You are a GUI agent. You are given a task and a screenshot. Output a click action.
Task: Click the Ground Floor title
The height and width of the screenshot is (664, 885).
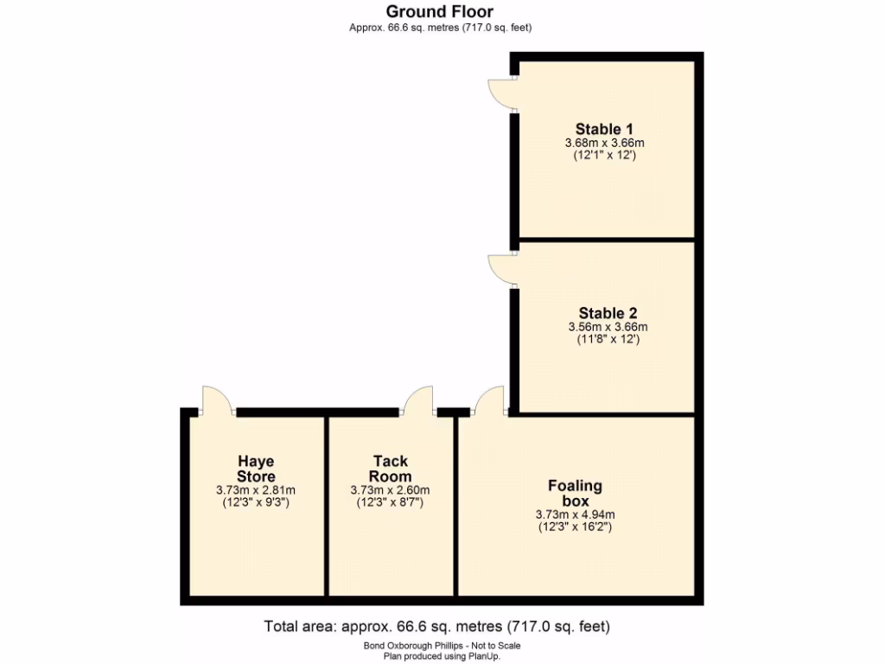[440, 11]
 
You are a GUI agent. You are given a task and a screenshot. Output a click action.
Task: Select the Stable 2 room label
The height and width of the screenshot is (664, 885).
[608, 313]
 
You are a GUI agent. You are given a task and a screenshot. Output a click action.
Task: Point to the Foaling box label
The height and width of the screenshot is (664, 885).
[575, 493]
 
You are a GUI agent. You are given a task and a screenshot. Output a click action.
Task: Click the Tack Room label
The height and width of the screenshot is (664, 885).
[390, 469]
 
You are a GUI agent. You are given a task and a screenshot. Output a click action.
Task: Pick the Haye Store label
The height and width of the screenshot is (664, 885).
[256, 469]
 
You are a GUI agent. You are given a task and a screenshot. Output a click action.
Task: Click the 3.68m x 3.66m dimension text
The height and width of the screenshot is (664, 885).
[605, 144]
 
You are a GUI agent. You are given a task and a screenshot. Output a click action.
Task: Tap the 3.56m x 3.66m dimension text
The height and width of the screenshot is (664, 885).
[608, 327]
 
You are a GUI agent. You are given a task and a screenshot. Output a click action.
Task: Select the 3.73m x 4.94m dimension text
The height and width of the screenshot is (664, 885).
[575, 514]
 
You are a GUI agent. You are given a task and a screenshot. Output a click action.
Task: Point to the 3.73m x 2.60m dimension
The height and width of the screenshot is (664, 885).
[390, 489]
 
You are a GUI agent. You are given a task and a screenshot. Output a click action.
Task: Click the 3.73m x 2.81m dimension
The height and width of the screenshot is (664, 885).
[256, 489]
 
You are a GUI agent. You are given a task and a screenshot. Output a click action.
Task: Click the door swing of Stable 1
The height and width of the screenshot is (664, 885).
[501, 93]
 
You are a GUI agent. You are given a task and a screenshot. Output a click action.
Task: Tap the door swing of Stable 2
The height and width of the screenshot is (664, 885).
[501, 269]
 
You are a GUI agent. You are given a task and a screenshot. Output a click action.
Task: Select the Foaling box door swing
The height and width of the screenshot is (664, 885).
[490, 399]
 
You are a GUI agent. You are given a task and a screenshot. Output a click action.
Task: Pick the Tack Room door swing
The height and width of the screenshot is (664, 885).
[420, 399]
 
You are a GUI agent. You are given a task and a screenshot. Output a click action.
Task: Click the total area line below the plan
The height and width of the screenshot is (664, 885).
[442, 625]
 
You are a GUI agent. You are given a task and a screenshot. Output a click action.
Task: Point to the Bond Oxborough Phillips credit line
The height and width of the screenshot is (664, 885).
[442, 645]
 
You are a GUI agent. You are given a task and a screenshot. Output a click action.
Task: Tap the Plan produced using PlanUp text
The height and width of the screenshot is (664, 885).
[442, 656]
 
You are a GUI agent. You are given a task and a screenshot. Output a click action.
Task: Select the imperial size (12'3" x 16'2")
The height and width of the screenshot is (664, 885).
[575, 527]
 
